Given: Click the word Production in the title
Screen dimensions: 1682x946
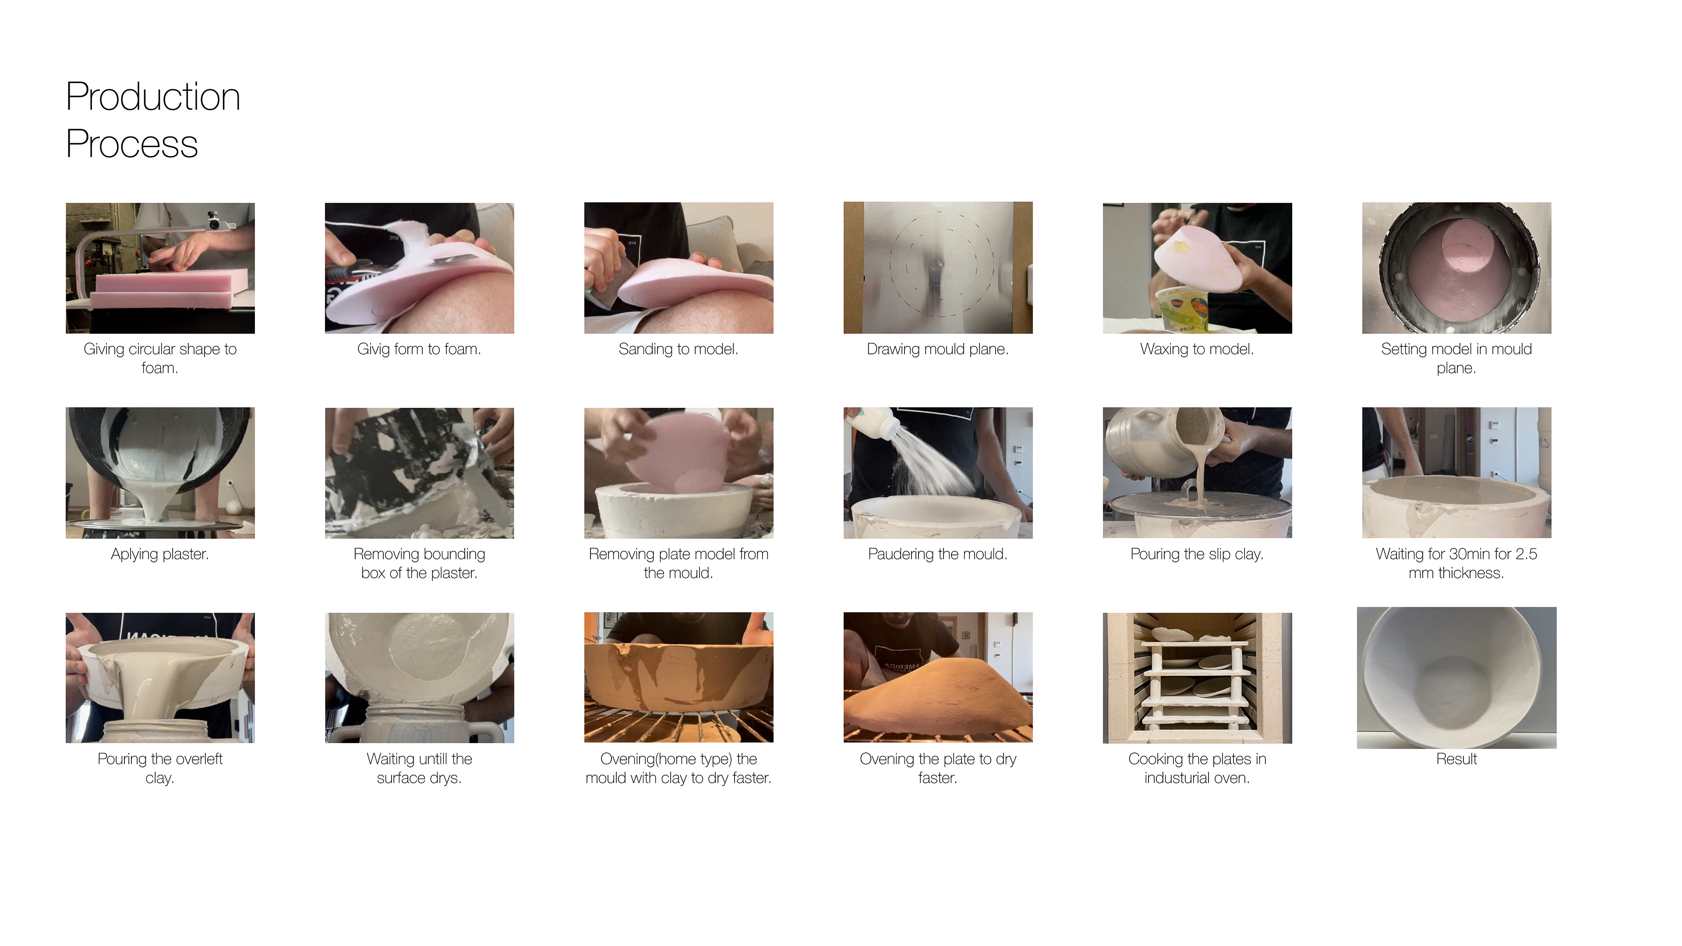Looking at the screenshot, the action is point(153,97).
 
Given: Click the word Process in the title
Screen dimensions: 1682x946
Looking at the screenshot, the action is point(132,144).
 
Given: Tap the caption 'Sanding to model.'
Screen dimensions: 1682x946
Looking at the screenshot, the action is point(678,349).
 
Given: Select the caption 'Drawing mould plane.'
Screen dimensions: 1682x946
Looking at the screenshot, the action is point(938,349).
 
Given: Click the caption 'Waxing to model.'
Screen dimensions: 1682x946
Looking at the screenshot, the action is point(1197,349).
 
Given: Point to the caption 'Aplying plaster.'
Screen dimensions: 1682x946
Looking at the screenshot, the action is point(160,554).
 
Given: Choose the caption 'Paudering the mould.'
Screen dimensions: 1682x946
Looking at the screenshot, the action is point(938,554).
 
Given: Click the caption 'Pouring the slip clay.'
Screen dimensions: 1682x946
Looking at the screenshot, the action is point(1197,554).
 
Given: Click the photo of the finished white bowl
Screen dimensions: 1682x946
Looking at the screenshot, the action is point(1456,678).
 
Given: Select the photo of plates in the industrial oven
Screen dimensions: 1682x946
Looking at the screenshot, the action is point(1197,678).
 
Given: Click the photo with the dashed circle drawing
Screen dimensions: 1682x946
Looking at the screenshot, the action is point(938,268).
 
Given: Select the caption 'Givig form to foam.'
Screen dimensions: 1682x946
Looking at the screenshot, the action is point(419,349).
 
